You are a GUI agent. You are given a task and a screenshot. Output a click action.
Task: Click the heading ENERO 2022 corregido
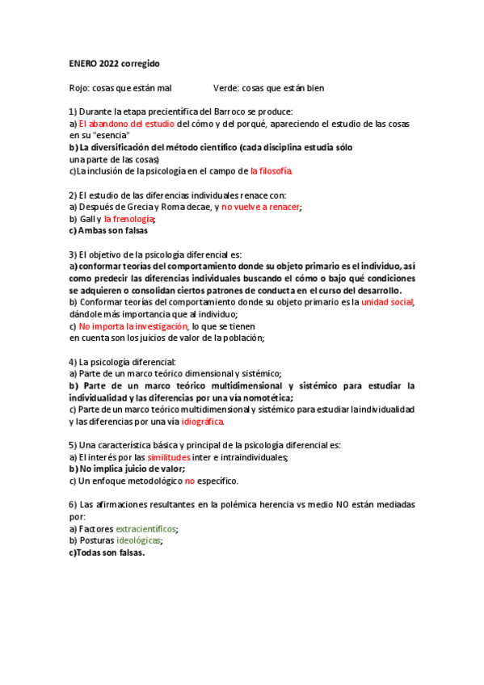[x=114, y=62]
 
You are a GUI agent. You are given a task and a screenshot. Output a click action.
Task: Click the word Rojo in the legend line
[x=78, y=87]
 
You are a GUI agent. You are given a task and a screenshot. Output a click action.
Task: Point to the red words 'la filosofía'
[x=271, y=171]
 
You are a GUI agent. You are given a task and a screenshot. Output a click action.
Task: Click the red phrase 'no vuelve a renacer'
[x=261, y=207]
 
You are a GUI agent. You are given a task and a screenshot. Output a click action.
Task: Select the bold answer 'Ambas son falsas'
[x=107, y=230]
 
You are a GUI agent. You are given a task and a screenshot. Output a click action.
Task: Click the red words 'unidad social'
[x=387, y=301]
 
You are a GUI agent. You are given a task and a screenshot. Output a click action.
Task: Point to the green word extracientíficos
[x=145, y=528]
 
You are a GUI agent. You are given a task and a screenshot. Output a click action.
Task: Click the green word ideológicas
[x=138, y=540]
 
